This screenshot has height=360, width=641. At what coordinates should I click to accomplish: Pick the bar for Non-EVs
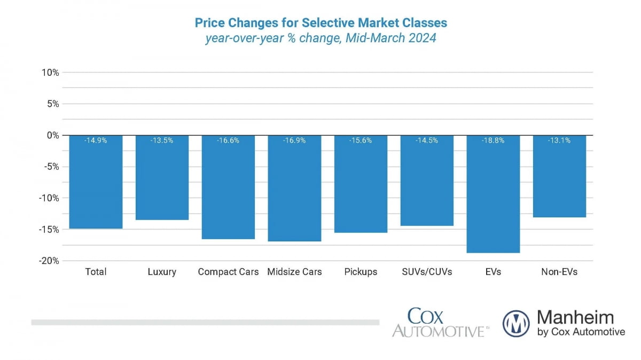click(x=559, y=176)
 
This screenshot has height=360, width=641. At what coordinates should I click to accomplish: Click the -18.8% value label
click(x=493, y=141)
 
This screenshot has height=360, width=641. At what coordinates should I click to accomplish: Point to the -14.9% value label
click(x=96, y=141)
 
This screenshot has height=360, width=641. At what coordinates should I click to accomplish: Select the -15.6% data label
click(x=361, y=141)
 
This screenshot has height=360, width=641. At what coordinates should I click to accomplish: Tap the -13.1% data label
click(x=559, y=141)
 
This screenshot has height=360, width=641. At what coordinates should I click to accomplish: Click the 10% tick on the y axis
click(x=50, y=73)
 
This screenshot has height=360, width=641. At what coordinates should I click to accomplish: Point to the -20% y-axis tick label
click(x=48, y=261)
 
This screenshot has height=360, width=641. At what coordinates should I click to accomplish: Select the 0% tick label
click(x=52, y=135)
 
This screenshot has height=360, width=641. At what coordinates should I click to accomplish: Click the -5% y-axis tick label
click(x=50, y=167)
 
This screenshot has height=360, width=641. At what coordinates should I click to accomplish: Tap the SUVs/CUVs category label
click(x=427, y=272)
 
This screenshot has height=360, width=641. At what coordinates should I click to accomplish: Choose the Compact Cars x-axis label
click(x=228, y=272)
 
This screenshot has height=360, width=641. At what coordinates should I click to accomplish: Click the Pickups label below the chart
click(x=361, y=272)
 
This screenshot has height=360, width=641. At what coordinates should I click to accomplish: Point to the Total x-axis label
click(x=96, y=272)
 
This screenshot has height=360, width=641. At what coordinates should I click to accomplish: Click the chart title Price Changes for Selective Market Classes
click(x=320, y=23)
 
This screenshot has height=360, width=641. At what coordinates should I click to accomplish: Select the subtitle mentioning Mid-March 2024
click(x=320, y=38)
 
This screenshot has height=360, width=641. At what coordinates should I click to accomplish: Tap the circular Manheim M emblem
click(x=516, y=324)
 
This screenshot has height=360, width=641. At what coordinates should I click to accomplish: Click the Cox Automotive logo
click(x=440, y=322)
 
